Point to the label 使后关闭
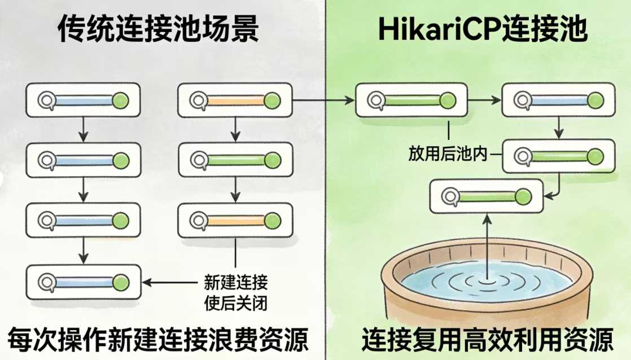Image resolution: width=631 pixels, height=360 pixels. point(235,303)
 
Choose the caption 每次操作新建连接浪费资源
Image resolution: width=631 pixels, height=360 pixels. point(157,340)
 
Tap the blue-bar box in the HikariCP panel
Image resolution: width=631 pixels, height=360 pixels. point(558,100)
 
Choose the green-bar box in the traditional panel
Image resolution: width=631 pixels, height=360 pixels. point(235,160)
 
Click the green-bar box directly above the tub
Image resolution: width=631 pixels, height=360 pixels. point(486,196)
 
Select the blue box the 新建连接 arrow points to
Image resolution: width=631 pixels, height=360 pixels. point(84,282)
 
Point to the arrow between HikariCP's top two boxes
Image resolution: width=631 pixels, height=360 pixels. point(484,101)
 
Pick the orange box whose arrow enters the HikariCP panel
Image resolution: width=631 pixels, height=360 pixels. point(235,101)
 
